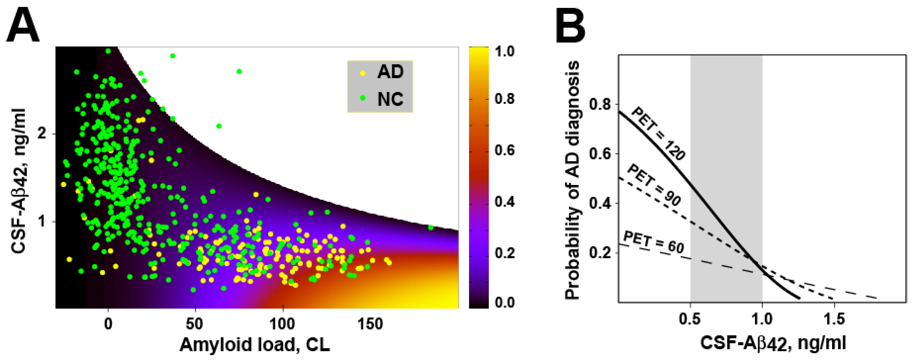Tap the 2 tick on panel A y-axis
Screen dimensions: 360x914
pos(42,134)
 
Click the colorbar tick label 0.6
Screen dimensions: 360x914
pos(504,150)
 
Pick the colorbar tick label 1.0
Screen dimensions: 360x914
pos(504,52)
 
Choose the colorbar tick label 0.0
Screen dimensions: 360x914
pos(504,303)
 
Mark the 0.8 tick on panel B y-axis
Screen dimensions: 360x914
pos(600,105)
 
